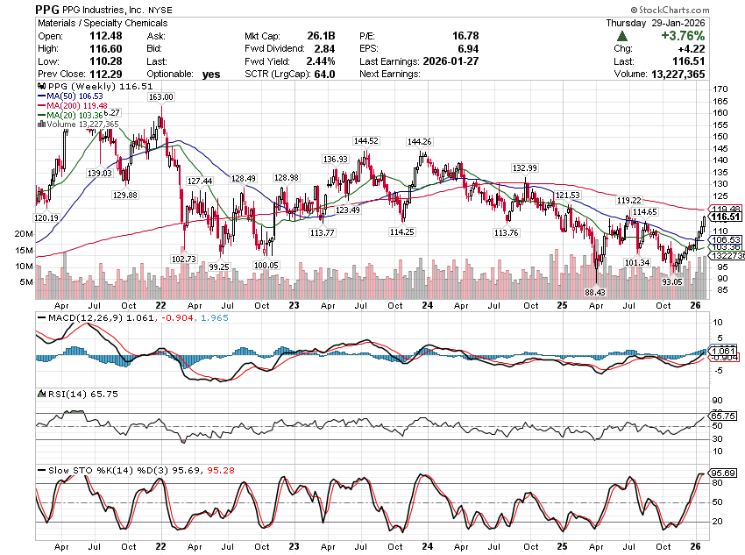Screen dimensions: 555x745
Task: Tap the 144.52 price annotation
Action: pyautogui.click(x=366, y=140)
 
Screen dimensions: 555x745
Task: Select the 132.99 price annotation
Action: pyautogui.click(x=525, y=167)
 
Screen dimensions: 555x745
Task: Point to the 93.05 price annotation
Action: pyautogui.click(x=672, y=281)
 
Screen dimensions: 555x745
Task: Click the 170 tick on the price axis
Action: pyautogui.click(x=720, y=89)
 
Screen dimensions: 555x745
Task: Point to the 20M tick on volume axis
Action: pyautogui.click(x=24, y=234)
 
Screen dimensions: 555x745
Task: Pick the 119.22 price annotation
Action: pyautogui.click(x=630, y=200)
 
